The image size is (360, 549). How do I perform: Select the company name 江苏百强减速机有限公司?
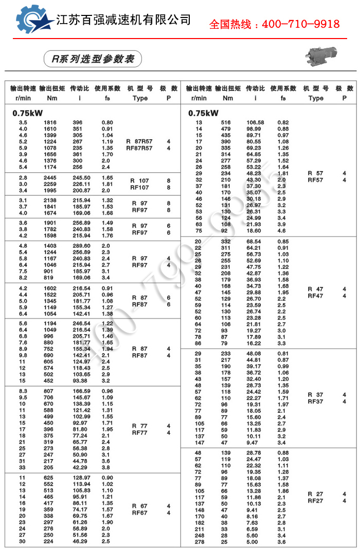(x=123, y=20)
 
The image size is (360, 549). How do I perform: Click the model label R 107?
(x=139, y=180)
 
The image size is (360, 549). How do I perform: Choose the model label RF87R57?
(x=139, y=148)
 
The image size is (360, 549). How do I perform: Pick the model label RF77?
(x=139, y=433)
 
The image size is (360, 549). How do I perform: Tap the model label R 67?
(x=139, y=506)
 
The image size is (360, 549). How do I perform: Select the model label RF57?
(x=315, y=180)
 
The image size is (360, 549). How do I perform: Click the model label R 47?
(x=315, y=289)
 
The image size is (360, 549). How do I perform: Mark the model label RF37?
(x=315, y=401)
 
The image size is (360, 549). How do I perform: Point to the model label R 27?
(x=315, y=493)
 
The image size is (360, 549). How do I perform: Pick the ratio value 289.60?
(x=82, y=246)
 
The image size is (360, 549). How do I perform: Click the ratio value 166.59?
(x=82, y=391)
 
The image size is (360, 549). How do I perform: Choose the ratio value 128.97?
(x=82, y=478)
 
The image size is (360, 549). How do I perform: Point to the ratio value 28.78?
(x=255, y=452)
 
